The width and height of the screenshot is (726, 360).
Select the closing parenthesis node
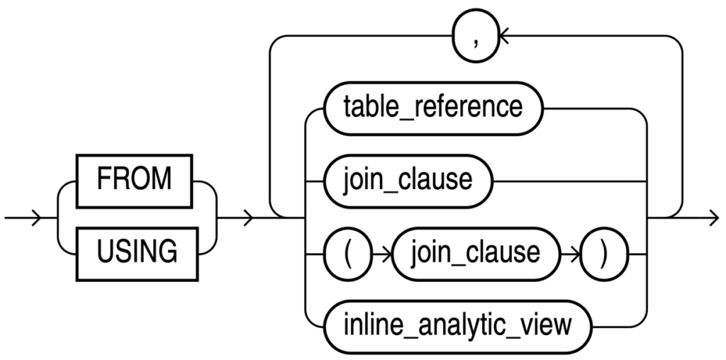click(604, 252)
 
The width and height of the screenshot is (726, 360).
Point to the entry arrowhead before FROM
click(34, 218)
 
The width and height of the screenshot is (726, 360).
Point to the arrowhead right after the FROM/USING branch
click(248, 218)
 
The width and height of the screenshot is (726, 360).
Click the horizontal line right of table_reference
click(588, 108)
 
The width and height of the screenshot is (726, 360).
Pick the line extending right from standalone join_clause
click(567, 180)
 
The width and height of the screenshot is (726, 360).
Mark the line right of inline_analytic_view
click(617, 325)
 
